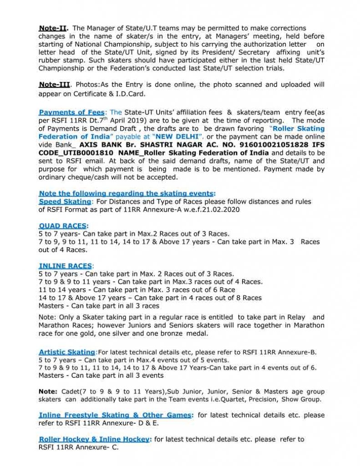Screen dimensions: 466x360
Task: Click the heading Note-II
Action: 53,28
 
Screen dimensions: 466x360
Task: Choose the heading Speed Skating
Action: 65,201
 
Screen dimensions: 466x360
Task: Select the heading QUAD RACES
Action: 63,226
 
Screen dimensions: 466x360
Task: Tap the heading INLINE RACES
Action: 66,266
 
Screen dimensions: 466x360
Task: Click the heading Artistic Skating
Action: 67,352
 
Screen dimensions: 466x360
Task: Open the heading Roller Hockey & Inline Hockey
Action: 94,439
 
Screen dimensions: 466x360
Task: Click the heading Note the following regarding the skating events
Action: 127,193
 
